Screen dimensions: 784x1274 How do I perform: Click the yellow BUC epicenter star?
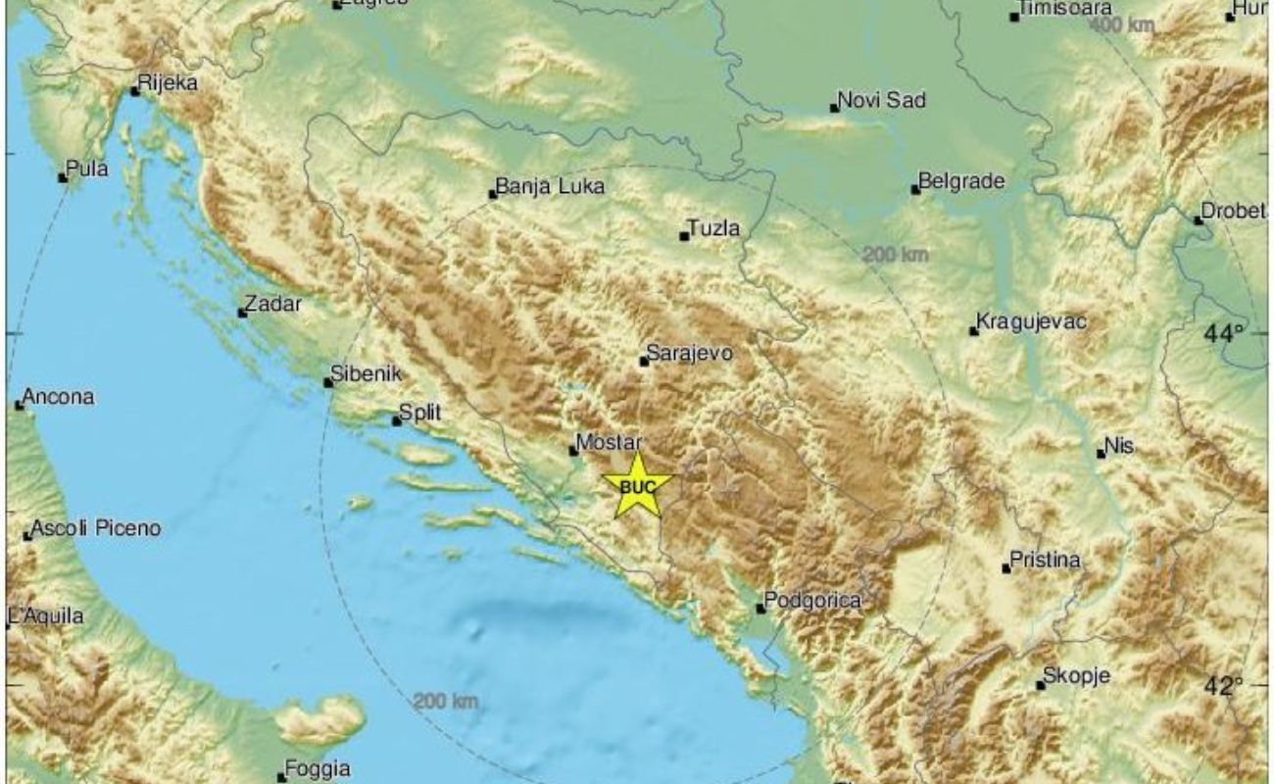[637, 485]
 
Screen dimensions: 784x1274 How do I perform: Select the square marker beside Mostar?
[574, 451]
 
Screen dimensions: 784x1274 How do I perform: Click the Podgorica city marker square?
[760, 609]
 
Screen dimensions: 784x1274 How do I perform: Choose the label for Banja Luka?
[551, 186]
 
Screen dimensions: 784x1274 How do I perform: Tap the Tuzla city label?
[714, 229]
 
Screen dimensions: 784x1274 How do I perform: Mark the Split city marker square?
[397, 421]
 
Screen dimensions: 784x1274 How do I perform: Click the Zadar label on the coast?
[273, 305]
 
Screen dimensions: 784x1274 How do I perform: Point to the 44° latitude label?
[1224, 334]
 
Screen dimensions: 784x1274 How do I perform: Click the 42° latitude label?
[1224, 687]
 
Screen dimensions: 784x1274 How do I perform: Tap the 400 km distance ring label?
[1122, 25]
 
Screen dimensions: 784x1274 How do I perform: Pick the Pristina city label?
[1048, 561]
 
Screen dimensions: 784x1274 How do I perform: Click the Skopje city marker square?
[1041, 685]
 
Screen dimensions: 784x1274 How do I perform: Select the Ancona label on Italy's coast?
[59, 398]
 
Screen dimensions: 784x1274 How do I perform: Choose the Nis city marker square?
[1101, 453]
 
